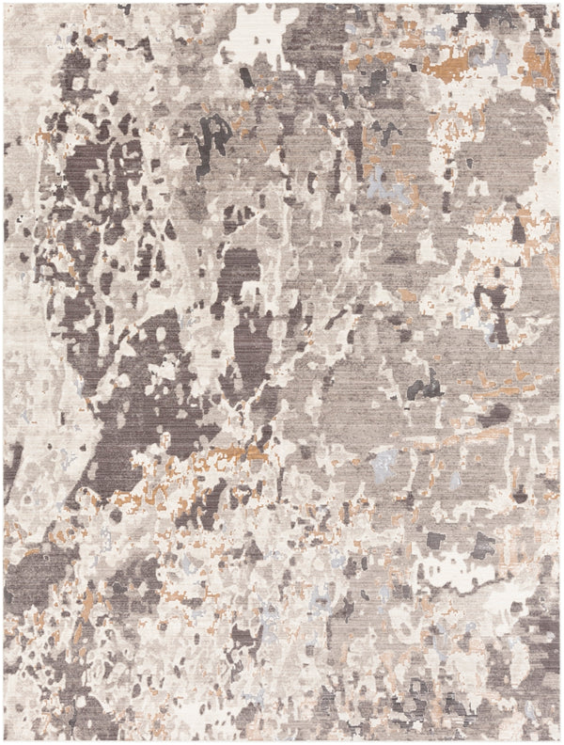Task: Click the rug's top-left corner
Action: tap(4, 4)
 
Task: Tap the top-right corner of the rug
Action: tap(559, 4)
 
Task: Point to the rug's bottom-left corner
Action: tap(4, 740)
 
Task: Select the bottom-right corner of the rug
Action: tap(559, 740)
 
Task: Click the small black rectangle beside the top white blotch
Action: tap(245, 76)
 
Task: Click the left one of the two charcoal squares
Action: tap(436, 541)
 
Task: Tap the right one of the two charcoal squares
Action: tap(483, 543)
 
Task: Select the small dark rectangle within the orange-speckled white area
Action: tap(519, 227)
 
